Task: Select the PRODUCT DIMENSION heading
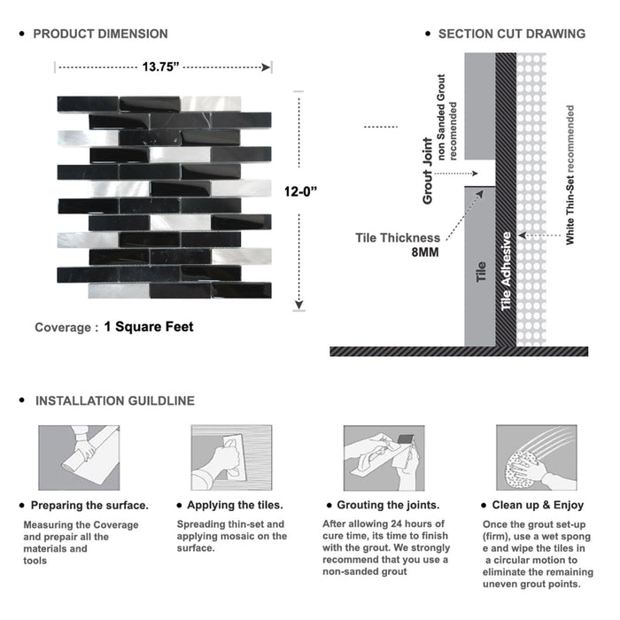pos(100,35)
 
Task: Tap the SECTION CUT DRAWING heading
pos(511,35)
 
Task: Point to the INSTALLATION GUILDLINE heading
pos(114,400)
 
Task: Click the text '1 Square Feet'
pos(149,327)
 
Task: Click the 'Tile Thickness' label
pos(398,237)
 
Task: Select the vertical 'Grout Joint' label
pos(428,171)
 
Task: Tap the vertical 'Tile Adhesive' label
pos(507,270)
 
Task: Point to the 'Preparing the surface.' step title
pos(89,506)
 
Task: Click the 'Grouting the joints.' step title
pos(387,506)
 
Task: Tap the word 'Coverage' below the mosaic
pos(62,328)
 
